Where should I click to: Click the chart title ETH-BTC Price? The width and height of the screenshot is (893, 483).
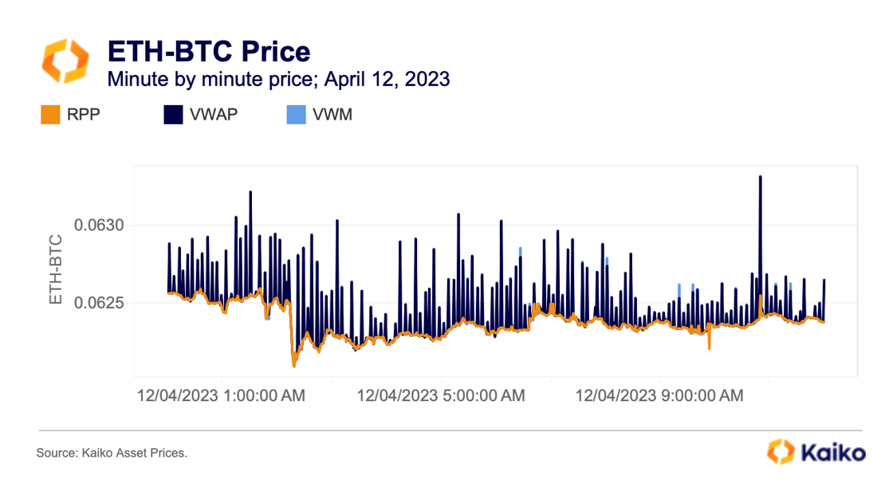[209, 52]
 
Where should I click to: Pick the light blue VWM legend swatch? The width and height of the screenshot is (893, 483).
[296, 116]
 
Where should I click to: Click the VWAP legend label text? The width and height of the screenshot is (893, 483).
[214, 116]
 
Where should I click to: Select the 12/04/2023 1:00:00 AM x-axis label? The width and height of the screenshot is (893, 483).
[222, 395]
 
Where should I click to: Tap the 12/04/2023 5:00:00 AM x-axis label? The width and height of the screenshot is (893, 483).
[441, 395]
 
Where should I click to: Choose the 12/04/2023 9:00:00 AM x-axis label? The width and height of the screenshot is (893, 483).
[659, 395]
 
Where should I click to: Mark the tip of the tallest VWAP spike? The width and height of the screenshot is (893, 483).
[760, 176]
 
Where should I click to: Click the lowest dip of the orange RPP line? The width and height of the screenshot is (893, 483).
[294, 366]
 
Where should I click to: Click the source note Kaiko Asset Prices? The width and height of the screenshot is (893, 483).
[112, 453]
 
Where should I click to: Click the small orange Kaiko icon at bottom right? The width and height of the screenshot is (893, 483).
[780, 451]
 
